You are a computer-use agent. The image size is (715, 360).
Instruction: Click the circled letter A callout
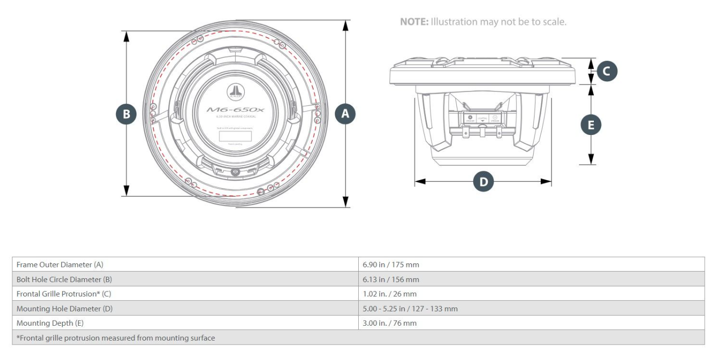(x=345, y=114)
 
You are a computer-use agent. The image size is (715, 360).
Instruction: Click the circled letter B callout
(x=126, y=114)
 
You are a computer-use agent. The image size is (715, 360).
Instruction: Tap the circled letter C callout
(x=607, y=71)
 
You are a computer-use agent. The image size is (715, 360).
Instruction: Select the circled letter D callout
(x=483, y=182)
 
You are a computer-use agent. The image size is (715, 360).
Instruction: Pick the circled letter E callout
(x=591, y=125)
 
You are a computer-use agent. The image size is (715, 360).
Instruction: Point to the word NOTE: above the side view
(x=414, y=22)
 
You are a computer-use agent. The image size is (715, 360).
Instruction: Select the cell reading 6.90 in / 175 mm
(x=391, y=265)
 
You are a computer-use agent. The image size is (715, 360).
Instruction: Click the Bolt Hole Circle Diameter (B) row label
(x=64, y=280)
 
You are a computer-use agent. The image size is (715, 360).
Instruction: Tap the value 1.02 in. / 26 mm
(x=389, y=294)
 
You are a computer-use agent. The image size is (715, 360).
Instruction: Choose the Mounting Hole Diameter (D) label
(x=64, y=309)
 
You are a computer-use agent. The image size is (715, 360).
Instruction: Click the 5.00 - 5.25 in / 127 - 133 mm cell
(x=410, y=309)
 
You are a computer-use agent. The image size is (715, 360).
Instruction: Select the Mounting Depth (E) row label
(x=50, y=323)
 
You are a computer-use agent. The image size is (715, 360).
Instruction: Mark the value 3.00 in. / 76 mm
(x=389, y=323)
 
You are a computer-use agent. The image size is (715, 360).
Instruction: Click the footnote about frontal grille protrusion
(x=116, y=338)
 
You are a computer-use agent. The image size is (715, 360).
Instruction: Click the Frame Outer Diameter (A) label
(x=60, y=265)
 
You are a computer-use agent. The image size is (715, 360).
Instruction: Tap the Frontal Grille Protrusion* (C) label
(x=63, y=294)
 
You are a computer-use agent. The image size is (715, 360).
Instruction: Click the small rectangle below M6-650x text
(x=236, y=136)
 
